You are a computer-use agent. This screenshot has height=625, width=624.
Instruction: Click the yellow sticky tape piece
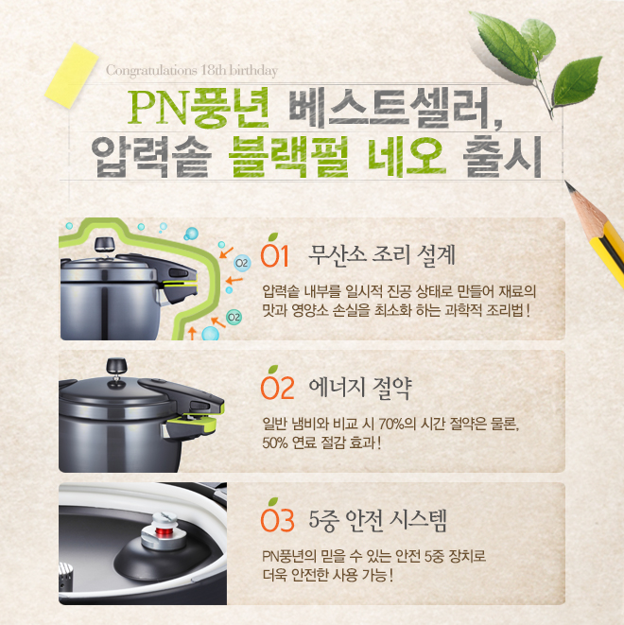(x=72, y=76)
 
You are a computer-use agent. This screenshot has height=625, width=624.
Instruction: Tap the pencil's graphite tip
(x=567, y=183)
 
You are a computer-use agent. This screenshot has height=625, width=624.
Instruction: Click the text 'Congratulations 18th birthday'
(x=192, y=71)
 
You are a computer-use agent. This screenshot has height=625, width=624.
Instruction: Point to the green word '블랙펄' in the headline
(x=288, y=157)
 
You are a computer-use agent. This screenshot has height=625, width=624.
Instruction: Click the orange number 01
(x=274, y=254)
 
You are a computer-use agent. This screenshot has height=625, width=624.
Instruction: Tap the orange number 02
(x=278, y=387)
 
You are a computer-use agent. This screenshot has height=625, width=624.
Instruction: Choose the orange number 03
(x=278, y=519)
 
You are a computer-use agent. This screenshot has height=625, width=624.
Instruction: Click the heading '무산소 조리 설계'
(x=382, y=254)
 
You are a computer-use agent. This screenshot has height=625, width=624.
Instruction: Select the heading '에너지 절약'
(x=360, y=388)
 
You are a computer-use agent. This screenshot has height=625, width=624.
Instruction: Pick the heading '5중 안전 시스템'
(x=378, y=520)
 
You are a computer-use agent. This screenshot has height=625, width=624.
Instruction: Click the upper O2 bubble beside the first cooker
(x=242, y=263)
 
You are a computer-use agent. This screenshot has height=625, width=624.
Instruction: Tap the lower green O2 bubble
(x=234, y=318)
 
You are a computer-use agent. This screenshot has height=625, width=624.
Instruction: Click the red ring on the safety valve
(x=163, y=532)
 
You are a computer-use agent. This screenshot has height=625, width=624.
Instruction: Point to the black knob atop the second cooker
(x=116, y=365)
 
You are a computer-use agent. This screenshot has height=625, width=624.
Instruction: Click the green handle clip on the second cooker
(x=196, y=421)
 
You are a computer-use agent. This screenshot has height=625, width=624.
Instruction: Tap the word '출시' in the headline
(x=502, y=157)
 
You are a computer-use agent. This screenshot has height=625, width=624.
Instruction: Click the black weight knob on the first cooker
(x=104, y=244)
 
